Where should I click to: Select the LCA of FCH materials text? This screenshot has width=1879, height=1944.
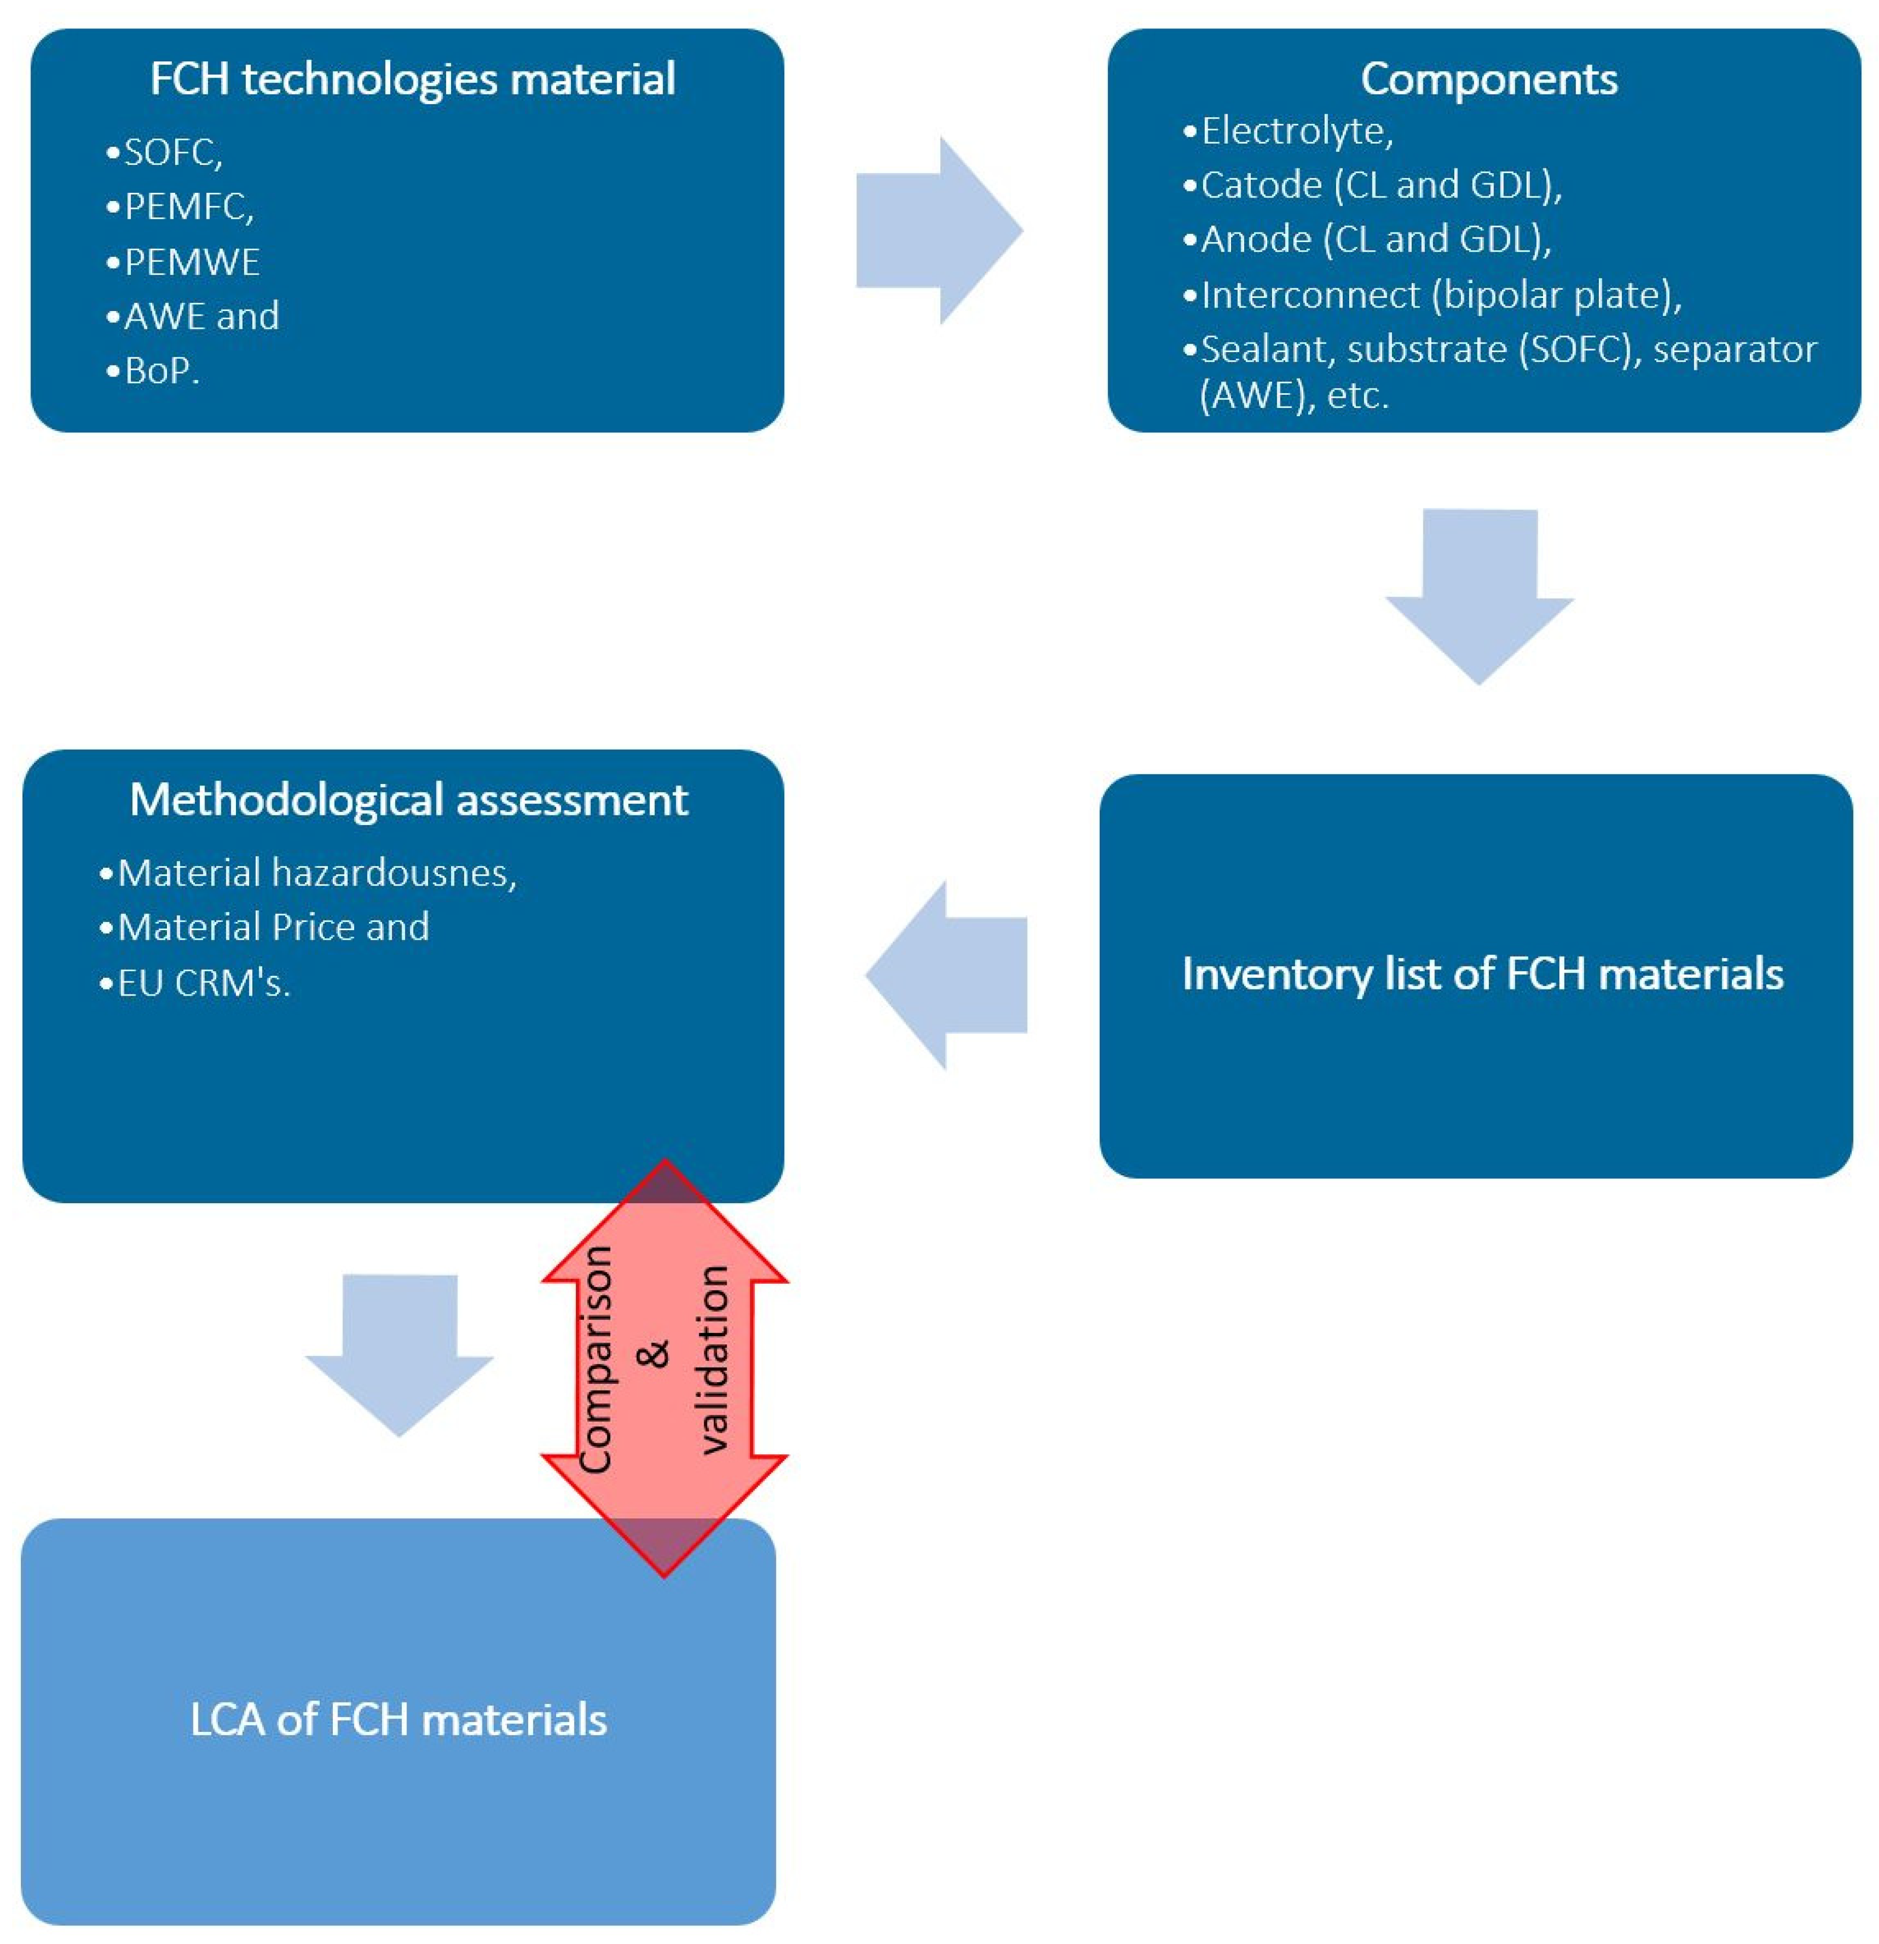[398, 1719]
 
